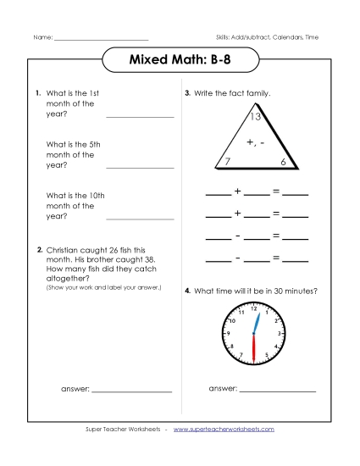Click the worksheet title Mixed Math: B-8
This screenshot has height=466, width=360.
pos(179,61)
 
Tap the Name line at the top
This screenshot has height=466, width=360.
pos(102,39)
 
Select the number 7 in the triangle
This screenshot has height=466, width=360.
pos(228,161)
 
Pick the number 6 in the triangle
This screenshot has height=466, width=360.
pos(283,161)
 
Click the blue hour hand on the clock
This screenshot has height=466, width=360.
pos(255,322)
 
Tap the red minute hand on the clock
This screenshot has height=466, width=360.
pos(254,347)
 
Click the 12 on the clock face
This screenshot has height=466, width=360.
pos(254,310)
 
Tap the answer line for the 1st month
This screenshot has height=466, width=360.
pos(140,117)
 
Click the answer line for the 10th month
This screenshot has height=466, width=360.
pos(140,219)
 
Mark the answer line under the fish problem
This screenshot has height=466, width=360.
pos(131,391)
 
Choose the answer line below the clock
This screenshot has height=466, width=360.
pos(278,391)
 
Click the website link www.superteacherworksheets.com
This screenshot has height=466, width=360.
pos(224,430)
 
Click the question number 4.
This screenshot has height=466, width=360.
pos(187,291)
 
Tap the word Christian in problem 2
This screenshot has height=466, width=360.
pos(64,250)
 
